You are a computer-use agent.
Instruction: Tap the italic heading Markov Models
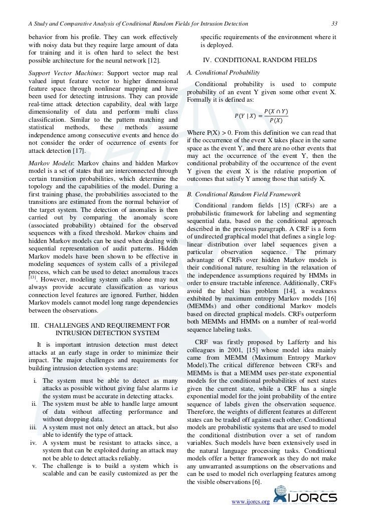point(50,164)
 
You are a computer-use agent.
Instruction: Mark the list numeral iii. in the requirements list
point(36,427)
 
